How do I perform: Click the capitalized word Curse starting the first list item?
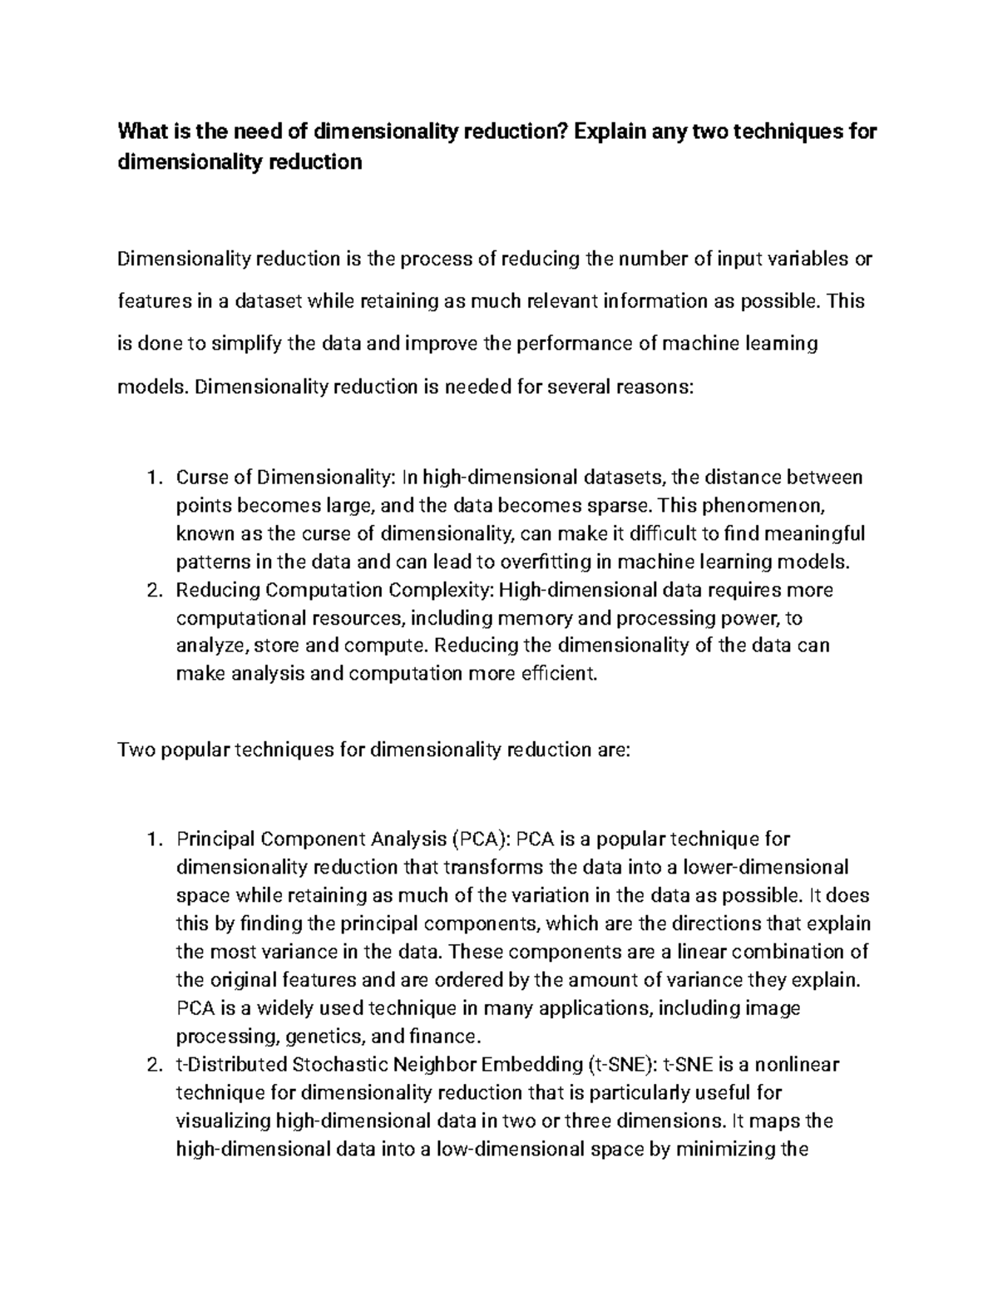(200, 478)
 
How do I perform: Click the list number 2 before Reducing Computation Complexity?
(152, 590)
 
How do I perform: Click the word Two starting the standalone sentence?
(136, 750)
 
